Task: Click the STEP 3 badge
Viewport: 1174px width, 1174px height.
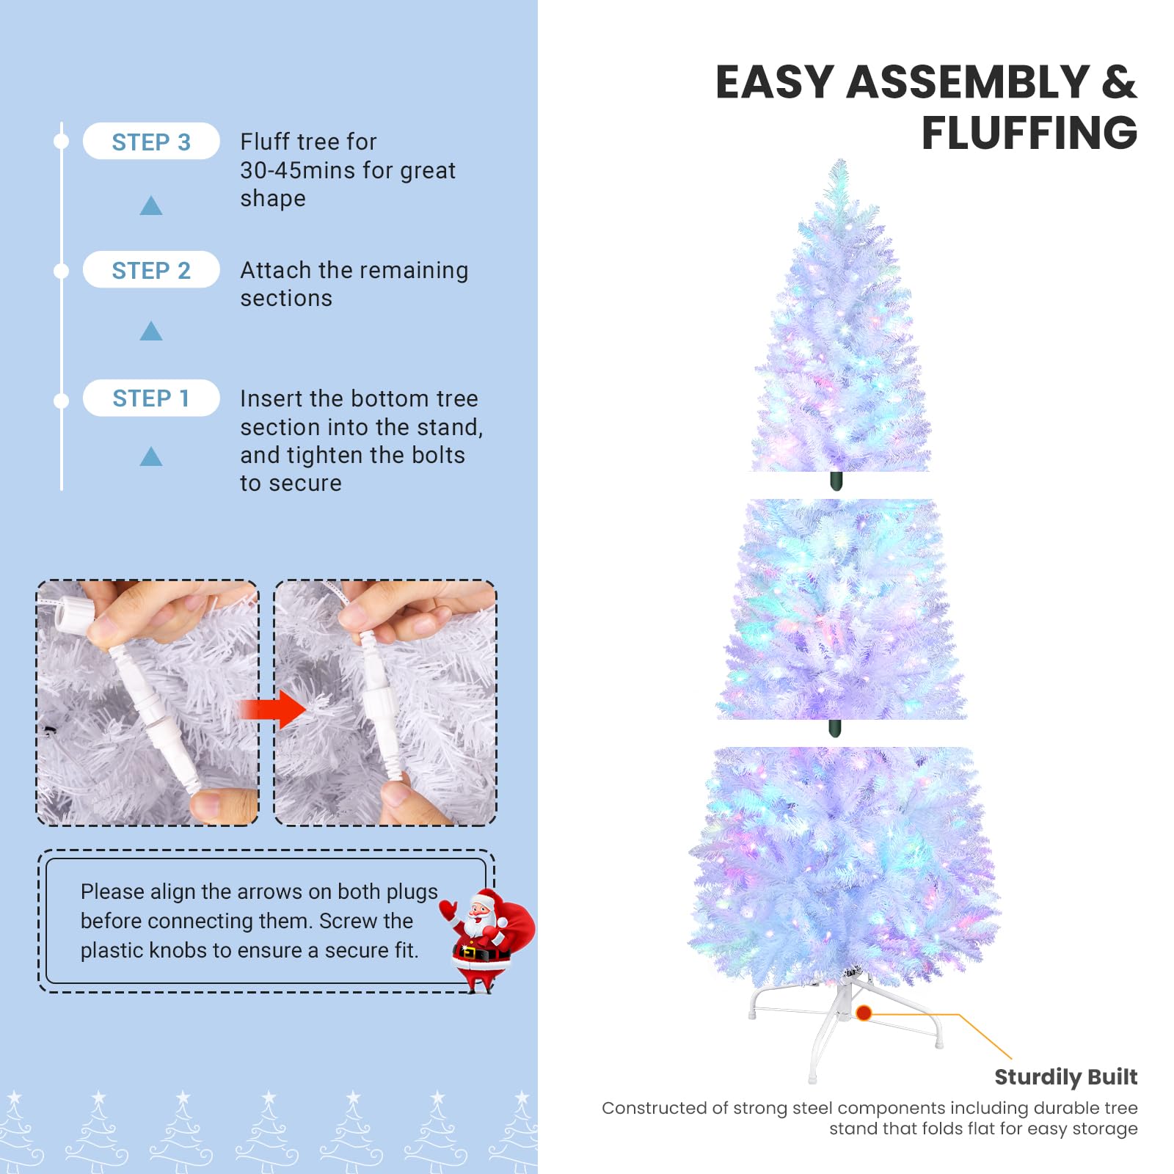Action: click(x=151, y=141)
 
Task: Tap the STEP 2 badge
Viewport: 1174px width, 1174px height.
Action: click(x=151, y=270)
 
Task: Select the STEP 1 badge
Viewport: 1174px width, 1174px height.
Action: click(x=151, y=398)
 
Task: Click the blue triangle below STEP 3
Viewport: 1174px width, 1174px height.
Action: click(x=151, y=205)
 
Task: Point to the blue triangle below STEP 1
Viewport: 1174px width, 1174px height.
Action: click(x=151, y=456)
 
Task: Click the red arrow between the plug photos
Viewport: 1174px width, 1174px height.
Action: click(x=273, y=710)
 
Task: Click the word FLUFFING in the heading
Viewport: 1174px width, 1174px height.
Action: click(x=1029, y=133)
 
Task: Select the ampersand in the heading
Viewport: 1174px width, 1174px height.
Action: click(x=1119, y=81)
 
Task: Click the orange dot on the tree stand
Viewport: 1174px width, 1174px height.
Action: click(x=864, y=1013)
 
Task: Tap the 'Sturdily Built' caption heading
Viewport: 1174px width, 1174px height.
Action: click(x=1065, y=1077)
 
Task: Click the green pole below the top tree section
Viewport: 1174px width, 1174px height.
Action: click(x=836, y=481)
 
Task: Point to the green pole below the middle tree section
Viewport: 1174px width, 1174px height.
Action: click(x=834, y=728)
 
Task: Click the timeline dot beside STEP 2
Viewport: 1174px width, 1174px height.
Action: click(x=62, y=271)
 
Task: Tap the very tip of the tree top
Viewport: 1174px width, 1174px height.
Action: click(x=841, y=160)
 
